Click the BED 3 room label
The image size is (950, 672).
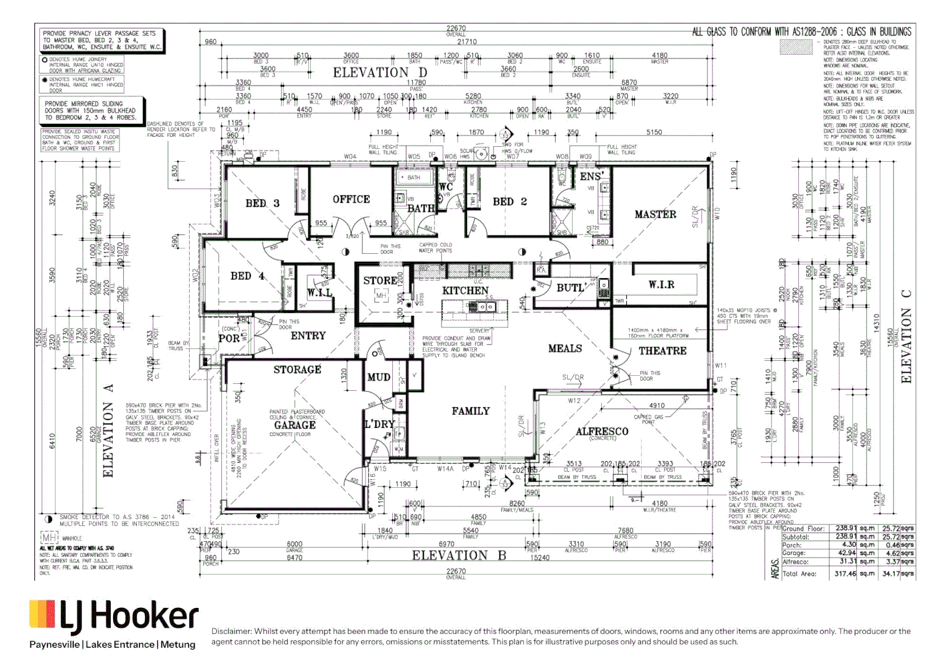tap(262, 203)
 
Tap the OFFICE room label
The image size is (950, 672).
tap(351, 199)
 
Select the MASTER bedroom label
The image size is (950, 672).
tap(655, 214)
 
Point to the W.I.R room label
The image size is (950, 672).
tap(661, 284)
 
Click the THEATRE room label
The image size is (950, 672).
tap(662, 350)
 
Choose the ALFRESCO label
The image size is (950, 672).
tap(601, 431)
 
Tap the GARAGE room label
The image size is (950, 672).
tap(295, 425)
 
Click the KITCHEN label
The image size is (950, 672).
tap(464, 291)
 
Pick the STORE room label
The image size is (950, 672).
tap(380, 281)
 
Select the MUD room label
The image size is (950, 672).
tap(378, 377)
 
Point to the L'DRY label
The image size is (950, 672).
tap(379, 424)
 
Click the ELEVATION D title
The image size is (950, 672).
tap(380, 72)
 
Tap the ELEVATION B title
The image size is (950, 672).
tap(459, 555)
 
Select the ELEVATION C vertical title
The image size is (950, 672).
tap(906, 336)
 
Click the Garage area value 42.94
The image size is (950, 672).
tap(846, 553)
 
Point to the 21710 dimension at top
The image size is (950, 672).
tap(466, 42)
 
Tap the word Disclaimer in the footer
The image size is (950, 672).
tap(231, 631)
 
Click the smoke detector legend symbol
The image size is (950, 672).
tap(48, 519)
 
